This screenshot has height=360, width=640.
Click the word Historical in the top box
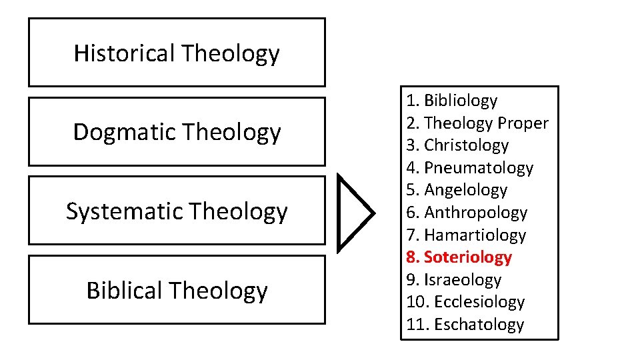click(x=124, y=53)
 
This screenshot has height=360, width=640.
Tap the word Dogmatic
click(x=125, y=132)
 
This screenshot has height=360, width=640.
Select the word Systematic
click(x=125, y=211)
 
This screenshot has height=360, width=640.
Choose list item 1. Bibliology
click(x=451, y=101)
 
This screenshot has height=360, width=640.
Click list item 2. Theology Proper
click(x=477, y=123)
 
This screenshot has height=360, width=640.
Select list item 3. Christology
click(x=457, y=145)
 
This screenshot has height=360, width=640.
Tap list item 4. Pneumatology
click(x=469, y=168)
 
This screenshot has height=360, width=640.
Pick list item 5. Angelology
click(x=457, y=190)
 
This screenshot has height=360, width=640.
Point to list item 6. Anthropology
click(x=467, y=213)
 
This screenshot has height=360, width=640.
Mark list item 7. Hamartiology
click(x=466, y=235)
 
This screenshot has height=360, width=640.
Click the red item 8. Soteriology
click(x=459, y=257)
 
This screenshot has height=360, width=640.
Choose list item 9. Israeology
click(x=453, y=280)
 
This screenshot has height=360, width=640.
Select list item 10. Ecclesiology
click(x=465, y=302)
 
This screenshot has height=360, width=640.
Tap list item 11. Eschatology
click(x=465, y=325)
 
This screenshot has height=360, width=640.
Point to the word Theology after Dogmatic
click(x=231, y=133)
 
